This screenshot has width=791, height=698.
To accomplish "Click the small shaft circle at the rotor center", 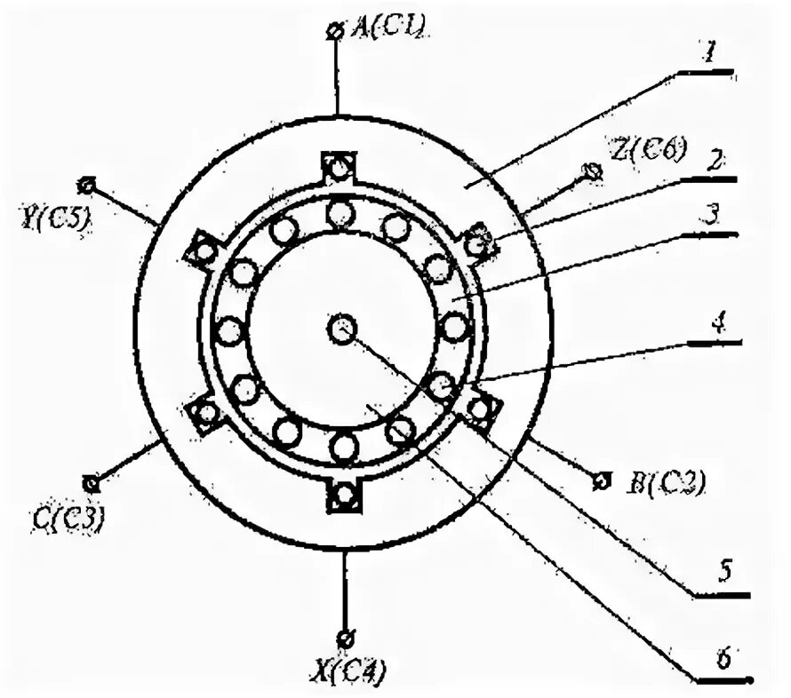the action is coord(341,329).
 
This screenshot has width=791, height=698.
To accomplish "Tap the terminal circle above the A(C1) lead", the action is coord(335,31).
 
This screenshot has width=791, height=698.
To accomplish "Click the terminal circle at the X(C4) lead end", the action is coord(345,638).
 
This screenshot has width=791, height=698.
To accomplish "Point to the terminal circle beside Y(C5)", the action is coord(86,185).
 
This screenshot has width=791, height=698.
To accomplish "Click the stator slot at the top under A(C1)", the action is coord(338,166).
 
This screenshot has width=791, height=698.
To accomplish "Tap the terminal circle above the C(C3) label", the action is coord(90,483).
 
